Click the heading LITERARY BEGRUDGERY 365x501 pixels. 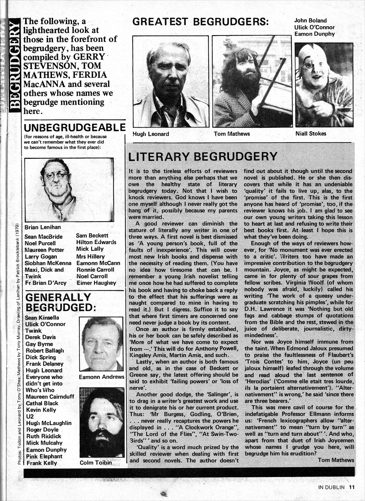coord(203,157)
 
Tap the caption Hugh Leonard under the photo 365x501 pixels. coord(151,134)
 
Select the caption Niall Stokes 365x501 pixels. coord(311,133)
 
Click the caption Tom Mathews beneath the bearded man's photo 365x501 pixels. coord(231,134)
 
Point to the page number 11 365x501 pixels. coord(352,487)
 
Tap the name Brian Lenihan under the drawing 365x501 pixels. coord(43,227)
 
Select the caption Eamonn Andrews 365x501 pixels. coord(101,377)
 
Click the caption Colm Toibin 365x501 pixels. coord(96,463)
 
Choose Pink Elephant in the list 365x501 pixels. coord(44,456)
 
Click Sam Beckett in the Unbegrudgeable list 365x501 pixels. coord(92,236)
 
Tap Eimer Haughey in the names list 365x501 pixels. coord(96,283)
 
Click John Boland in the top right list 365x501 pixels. coord(310,21)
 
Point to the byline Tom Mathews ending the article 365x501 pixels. coord(336,460)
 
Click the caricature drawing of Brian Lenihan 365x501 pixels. coord(69,190)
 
